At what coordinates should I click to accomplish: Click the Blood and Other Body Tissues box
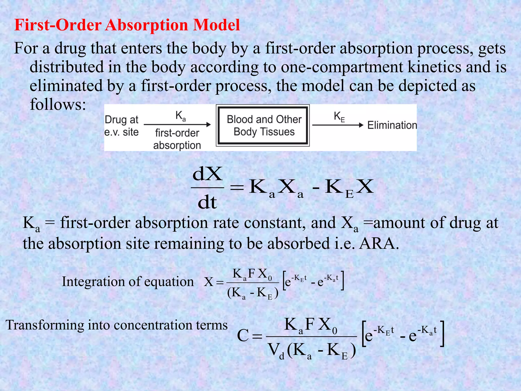[x=263, y=125]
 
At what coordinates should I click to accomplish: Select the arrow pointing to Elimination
[x=338, y=125]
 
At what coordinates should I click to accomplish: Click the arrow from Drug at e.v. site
[x=177, y=124]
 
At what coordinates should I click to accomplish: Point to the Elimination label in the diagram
[x=392, y=125]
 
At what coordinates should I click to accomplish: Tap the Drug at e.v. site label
[x=122, y=126]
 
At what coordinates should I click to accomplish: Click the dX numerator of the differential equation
[x=208, y=174]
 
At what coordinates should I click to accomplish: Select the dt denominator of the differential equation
[x=207, y=203]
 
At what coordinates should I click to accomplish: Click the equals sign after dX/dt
[x=237, y=188]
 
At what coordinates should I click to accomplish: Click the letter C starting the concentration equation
[x=242, y=336]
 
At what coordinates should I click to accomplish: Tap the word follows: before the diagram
[x=58, y=104]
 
